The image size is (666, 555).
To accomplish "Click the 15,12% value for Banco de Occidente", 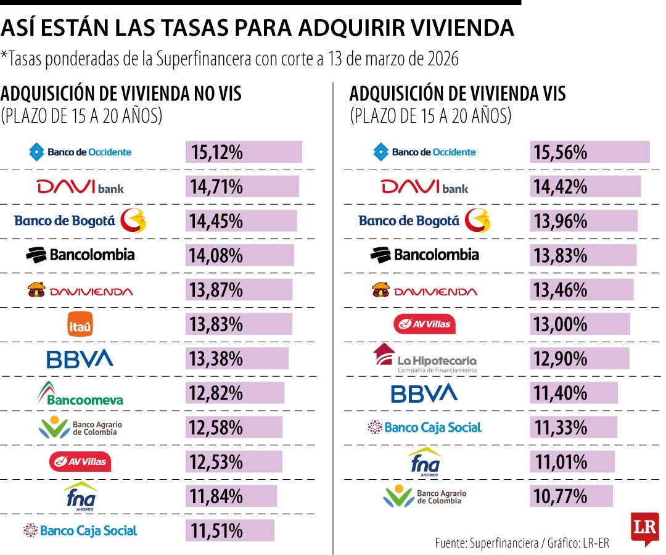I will point(217,152).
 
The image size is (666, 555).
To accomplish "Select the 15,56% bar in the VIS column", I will point(589,152).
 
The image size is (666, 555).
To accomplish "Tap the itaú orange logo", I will point(80,324).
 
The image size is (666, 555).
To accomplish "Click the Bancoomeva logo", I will point(80,393).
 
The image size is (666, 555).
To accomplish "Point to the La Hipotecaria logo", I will point(425,358).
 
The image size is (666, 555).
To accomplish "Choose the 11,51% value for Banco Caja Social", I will point(217,530).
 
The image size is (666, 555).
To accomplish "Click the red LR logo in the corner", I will point(644,528).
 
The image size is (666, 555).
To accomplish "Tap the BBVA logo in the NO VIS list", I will point(80,359).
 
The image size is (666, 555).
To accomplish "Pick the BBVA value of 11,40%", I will point(561,393).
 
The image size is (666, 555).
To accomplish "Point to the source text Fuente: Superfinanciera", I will point(487,543).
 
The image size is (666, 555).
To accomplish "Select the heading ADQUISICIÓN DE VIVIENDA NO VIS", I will point(121,94).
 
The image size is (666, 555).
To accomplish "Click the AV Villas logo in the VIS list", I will point(424,324).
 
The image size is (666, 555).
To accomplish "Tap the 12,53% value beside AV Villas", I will point(217,462).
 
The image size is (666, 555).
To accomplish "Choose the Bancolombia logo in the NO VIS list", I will point(80,255).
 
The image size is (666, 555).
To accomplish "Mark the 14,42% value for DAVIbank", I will point(561,187).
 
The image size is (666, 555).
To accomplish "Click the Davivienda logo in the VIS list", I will point(424,290).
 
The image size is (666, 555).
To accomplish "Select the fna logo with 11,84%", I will point(80,496).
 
